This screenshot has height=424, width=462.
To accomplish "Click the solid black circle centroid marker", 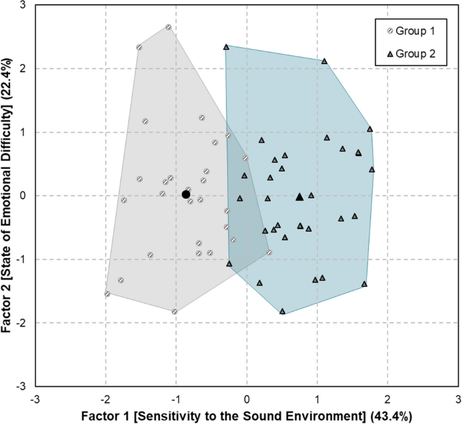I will (x=186, y=194).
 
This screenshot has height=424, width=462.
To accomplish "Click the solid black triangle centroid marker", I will (x=300, y=196).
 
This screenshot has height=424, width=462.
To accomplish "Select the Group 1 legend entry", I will (x=412, y=31).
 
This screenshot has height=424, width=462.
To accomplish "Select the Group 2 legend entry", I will (x=412, y=53).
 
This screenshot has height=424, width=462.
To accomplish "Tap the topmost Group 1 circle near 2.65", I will (x=168, y=27).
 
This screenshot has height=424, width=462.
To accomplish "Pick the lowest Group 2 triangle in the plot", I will (x=283, y=311).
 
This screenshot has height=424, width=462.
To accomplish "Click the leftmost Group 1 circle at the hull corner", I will (x=107, y=294).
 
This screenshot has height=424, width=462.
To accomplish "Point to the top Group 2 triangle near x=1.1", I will (x=324, y=61).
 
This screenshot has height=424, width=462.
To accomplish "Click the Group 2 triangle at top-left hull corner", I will (x=226, y=47).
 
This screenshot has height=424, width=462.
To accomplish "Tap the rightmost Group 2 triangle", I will (x=372, y=169).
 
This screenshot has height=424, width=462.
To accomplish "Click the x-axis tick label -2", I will (x=105, y=398).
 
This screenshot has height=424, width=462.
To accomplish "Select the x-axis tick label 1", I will (x=318, y=398).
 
